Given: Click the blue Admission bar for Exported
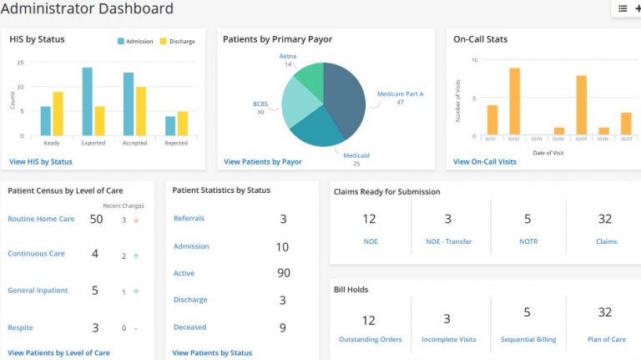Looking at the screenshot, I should pos(87,102).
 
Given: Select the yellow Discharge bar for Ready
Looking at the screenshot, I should pos(58,114).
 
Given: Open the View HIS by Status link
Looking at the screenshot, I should pos(40,161).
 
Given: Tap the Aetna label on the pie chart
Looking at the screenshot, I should pos(287,56).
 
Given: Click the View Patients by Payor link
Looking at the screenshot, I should pos(263,161).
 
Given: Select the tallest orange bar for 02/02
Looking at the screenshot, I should pos(514,102).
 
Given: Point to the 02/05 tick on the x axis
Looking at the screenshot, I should pos(582,139).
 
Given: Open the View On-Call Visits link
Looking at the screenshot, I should pos(485,161).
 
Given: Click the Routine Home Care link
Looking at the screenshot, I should pos(41,219).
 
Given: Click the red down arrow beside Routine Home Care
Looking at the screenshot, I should pos(136,221).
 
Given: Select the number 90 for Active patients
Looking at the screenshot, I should pos(283,273).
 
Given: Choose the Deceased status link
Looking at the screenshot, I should pos(189,327).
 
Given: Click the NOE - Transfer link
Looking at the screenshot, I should pos(447,241).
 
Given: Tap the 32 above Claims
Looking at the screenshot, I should pos(606,219).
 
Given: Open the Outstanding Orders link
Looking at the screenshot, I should pos(370,339).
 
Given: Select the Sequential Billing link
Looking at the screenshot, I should pos(527,339).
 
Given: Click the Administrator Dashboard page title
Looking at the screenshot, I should pos(87,9).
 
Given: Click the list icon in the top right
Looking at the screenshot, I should pos(623,8).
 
